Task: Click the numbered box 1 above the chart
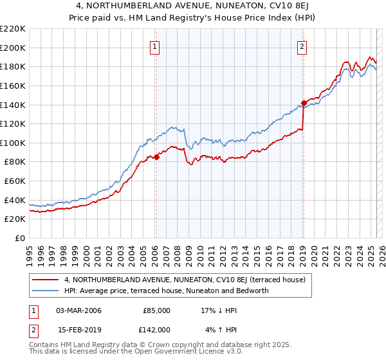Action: pyautogui.click(x=155, y=46)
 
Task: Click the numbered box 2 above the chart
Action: pyautogui.click(x=302, y=46)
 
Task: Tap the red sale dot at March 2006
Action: pyautogui.click(x=156, y=157)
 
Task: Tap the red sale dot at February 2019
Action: pyautogui.click(x=304, y=102)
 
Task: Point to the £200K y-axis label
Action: pyautogui.click(x=13, y=48)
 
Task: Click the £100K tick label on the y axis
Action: pyautogui.click(x=13, y=143)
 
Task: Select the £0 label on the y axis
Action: pyautogui.click(x=20, y=238)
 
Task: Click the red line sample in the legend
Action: pyautogui.click(x=46, y=280)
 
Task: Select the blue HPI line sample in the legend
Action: pyautogui.click(x=46, y=291)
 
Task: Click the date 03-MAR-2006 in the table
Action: pyautogui.click(x=78, y=310)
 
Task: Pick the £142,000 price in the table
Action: pyautogui.click(x=156, y=330)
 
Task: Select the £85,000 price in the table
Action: pyautogui.click(x=156, y=310)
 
